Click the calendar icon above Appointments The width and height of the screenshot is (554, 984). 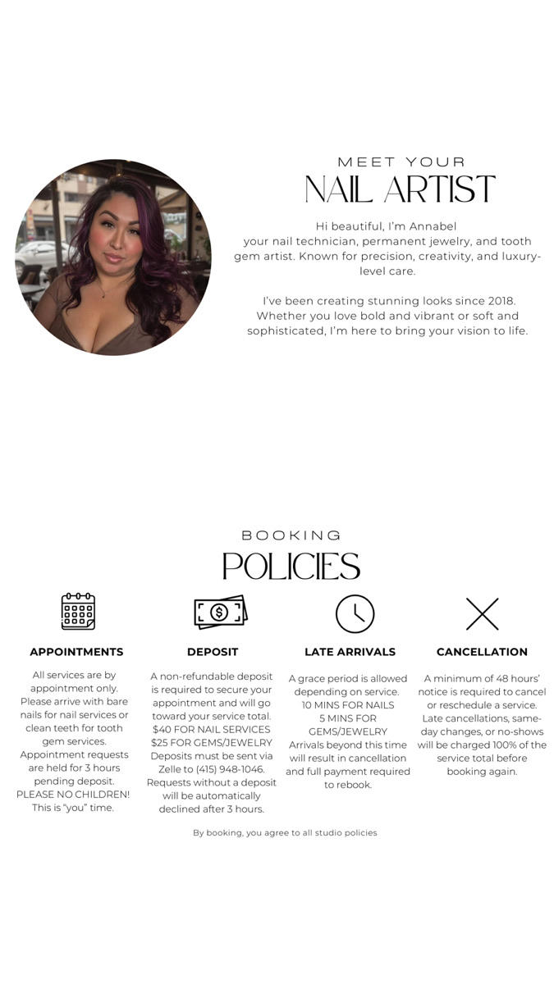[x=78, y=612]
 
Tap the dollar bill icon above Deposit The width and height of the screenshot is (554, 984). [x=220, y=612]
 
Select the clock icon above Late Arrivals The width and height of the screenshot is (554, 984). [x=355, y=613]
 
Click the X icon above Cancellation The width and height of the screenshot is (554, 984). [x=483, y=613]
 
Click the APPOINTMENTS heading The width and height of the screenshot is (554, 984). [x=76, y=652]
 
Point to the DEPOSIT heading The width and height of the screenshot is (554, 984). [x=213, y=652]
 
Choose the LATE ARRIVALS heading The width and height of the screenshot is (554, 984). [x=350, y=652]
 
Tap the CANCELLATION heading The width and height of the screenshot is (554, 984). [x=482, y=652]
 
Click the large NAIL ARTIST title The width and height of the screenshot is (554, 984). [x=400, y=189]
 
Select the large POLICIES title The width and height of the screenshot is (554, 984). [x=291, y=567]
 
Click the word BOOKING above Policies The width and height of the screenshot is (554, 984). [x=291, y=535]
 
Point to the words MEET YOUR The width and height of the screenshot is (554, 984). [x=401, y=162]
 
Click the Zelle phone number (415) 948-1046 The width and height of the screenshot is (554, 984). [x=231, y=769]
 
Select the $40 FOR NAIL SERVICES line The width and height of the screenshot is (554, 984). [x=212, y=729]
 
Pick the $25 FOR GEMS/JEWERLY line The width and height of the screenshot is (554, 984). [x=212, y=743]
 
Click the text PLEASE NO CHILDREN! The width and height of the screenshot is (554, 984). [x=73, y=795]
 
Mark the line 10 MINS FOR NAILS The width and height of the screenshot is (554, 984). [x=348, y=705]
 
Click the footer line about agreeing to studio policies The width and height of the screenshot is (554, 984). [x=285, y=832]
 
